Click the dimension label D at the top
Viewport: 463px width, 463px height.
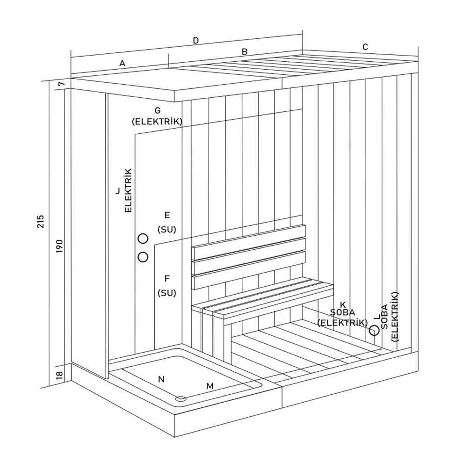(196, 40)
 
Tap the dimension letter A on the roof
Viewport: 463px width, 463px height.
(123, 64)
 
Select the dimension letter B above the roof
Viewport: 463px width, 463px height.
(244, 51)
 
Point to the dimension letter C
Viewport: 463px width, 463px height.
(366, 46)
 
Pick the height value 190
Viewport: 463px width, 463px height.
(59, 245)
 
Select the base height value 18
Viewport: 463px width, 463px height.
(59, 376)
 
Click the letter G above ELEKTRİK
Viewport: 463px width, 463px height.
(157, 110)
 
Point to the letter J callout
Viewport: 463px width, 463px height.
(118, 191)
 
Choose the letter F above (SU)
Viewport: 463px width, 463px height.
(166, 279)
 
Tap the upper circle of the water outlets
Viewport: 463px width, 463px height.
(143, 239)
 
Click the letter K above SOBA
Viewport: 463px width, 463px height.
(342, 304)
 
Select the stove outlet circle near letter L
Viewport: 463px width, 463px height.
(374, 331)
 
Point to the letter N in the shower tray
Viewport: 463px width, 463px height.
(161, 379)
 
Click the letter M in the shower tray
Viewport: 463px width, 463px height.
(210, 386)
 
